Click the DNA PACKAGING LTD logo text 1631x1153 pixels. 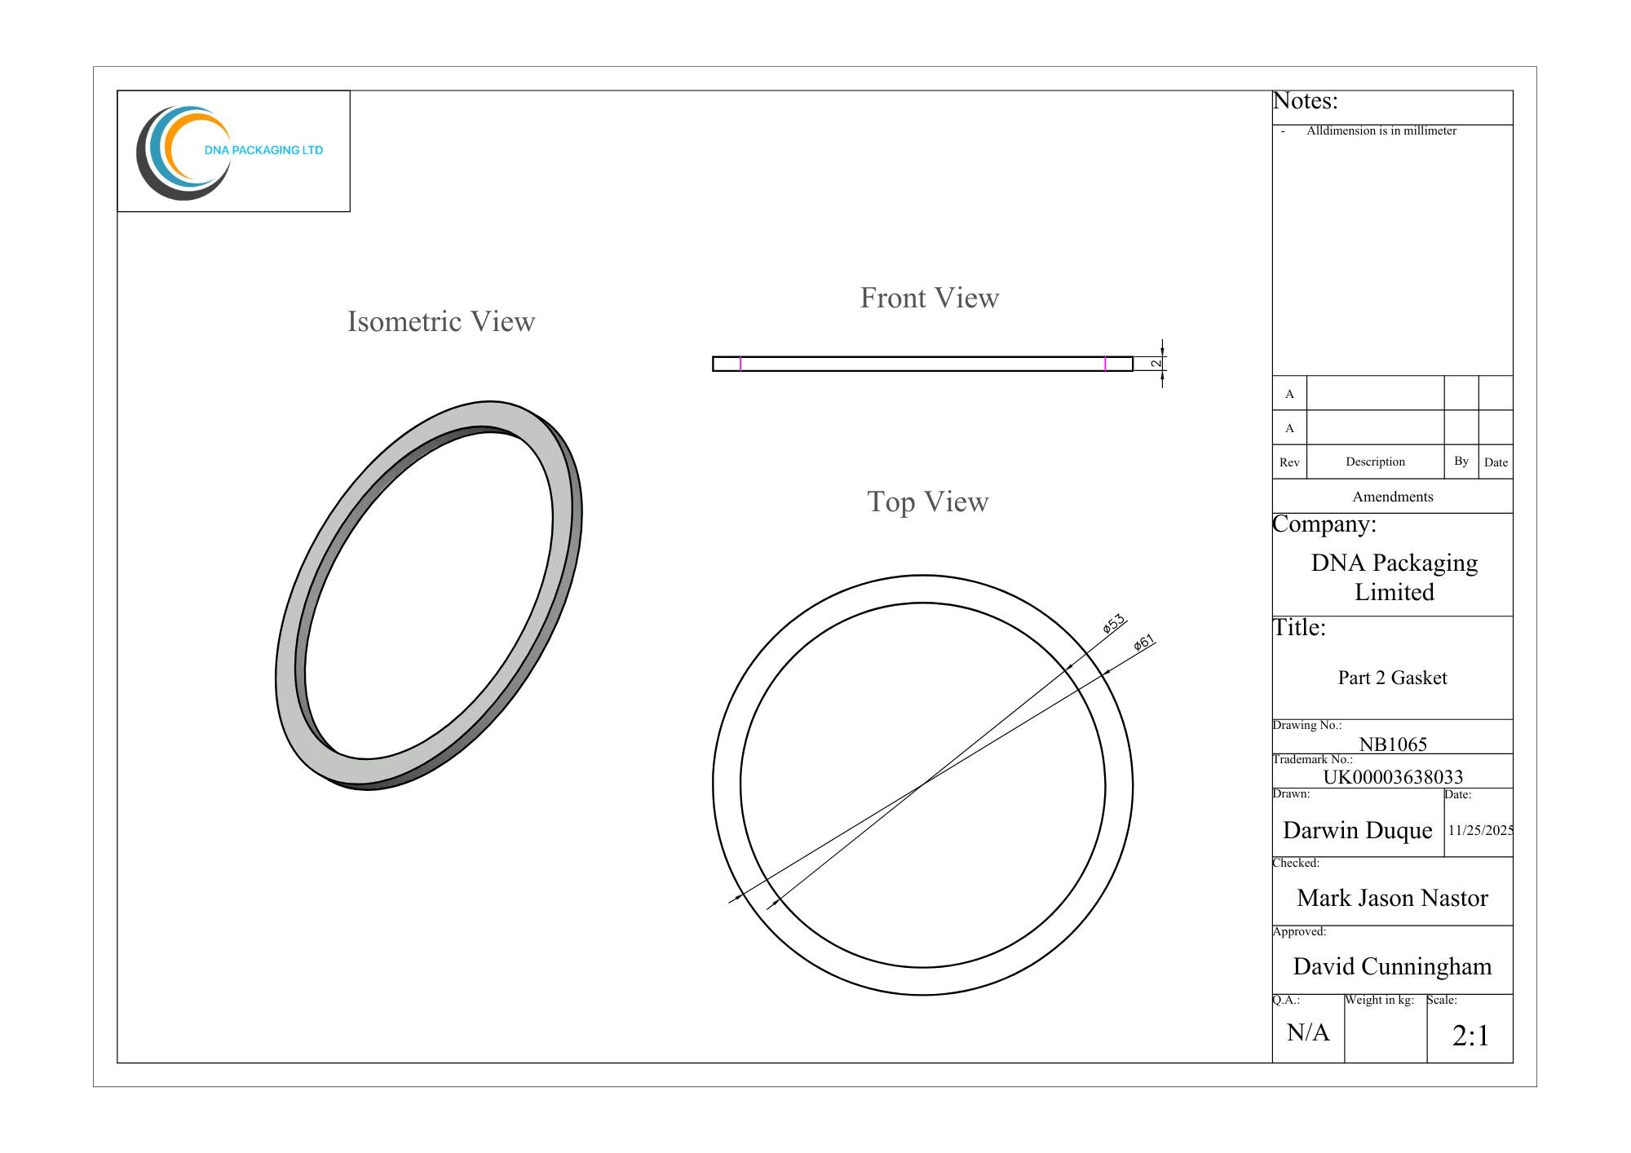click(x=263, y=150)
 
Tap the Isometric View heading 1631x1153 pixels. click(x=441, y=321)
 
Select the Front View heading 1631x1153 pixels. click(x=930, y=298)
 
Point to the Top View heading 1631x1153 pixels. click(x=928, y=501)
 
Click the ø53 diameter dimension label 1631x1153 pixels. click(x=1114, y=624)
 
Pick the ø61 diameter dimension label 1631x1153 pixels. click(x=1144, y=643)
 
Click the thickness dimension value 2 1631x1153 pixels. click(x=1156, y=363)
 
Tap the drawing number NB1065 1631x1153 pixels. click(x=1393, y=744)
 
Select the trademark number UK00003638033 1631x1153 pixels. click(x=1393, y=776)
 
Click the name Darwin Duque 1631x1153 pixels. click(x=1358, y=830)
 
